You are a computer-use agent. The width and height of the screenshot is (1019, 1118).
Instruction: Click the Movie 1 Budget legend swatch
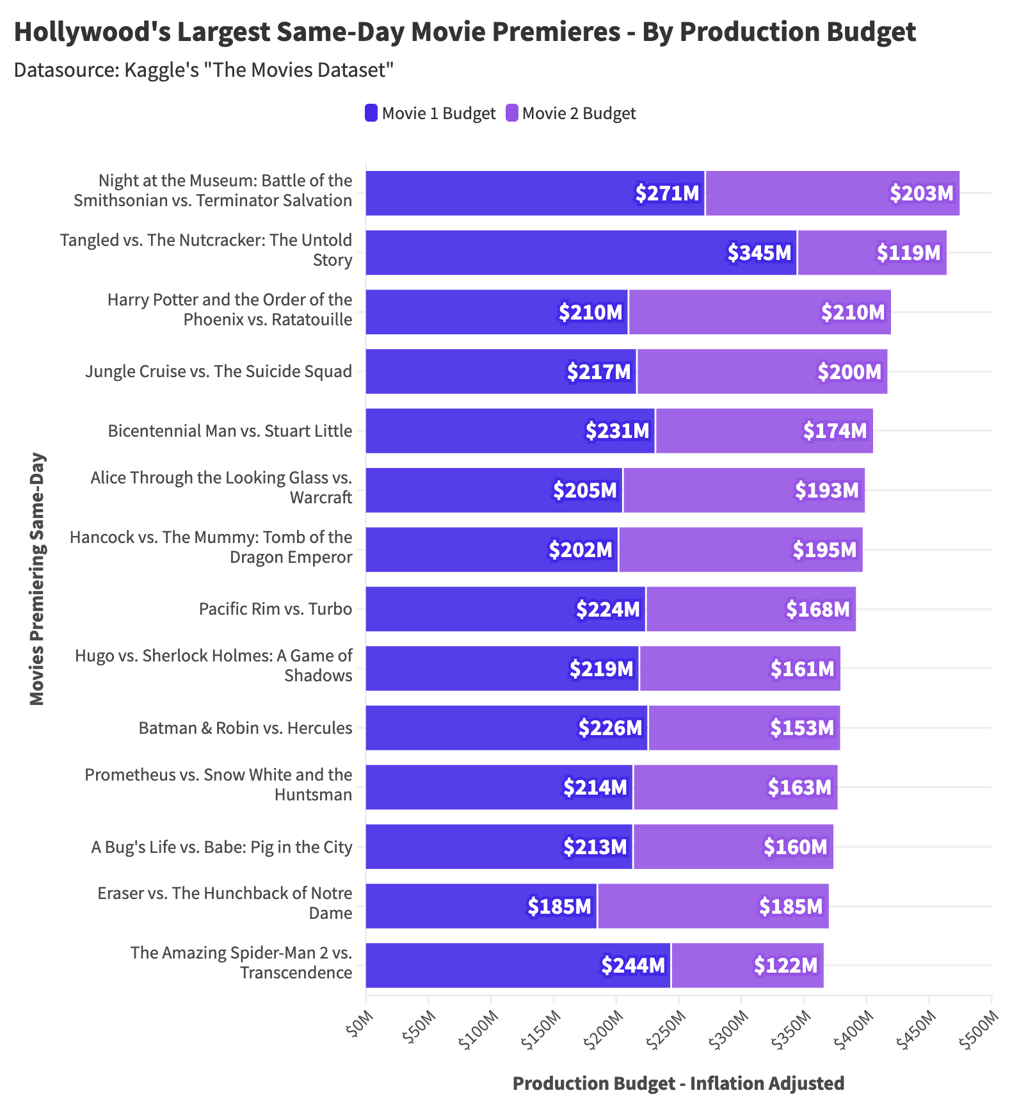click(371, 113)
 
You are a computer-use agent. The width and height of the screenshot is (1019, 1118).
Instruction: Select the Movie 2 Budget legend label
click(579, 113)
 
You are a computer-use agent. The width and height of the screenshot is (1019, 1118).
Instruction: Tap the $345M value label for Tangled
click(760, 253)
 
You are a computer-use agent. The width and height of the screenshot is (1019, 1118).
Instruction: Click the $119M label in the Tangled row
click(908, 253)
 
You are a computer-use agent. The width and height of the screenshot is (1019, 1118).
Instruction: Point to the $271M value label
click(667, 193)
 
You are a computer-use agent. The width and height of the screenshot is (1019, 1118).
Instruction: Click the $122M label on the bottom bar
click(785, 966)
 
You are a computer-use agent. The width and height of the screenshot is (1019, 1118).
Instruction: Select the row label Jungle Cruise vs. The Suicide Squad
click(219, 371)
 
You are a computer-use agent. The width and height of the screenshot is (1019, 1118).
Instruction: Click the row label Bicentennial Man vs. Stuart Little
click(230, 431)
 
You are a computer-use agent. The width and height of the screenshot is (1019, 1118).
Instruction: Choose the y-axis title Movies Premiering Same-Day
click(37, 579)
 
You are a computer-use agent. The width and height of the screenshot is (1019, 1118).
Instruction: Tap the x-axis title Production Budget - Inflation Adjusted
click(678, 1083)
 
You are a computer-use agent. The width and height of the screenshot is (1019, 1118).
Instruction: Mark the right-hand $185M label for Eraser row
click(790, 907)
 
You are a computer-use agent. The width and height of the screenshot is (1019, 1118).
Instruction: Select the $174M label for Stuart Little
click(835, 431)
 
